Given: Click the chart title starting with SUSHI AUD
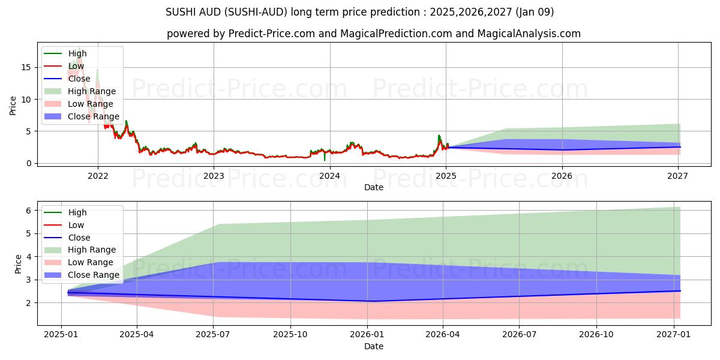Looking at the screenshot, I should [x=360, y=12].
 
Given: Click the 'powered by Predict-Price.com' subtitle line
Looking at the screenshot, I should [x=373, y=34].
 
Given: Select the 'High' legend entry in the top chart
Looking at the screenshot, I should [x=77, y=53].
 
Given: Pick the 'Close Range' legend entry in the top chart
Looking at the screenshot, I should [x=94, y=116].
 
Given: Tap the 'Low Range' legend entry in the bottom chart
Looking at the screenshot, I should [x=91, y=262].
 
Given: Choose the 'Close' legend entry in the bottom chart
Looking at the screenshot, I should [x=79, y=238].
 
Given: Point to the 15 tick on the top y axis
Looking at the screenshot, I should [x=26, y=67].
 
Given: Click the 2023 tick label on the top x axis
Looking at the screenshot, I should [x=214, y=176].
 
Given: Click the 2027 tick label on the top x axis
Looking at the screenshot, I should [x=678, y=176].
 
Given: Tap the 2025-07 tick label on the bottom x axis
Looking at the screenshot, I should [x=214, y=335].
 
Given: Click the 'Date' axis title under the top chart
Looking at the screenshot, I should [x=373, y=187].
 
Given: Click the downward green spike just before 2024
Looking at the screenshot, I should [x=325, y=159].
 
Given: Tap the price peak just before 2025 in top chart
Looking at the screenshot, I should [x=439, y=136].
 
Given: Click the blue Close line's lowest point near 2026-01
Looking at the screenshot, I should [x=372, y=301].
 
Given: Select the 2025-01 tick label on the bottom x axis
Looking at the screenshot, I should [x=61, y=335].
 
